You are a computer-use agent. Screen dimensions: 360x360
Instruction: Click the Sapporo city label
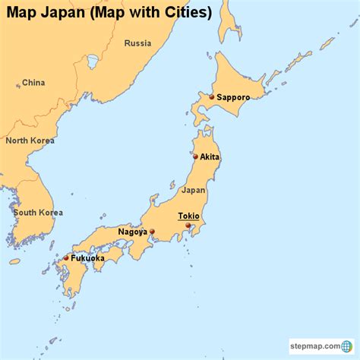pyautogui.click(x=234, y=97)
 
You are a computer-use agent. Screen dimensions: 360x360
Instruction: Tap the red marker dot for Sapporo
pyautogui.click(x=212, y=97)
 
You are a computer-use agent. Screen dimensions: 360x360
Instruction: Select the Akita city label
pyautogui.click(x=210, y=157)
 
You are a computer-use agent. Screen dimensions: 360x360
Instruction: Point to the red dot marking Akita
pyautogui.click(x=195, y=157)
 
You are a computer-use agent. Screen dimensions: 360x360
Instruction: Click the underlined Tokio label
pyautogui.click(x=188, y=216)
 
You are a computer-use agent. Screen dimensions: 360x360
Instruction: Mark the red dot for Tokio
pyautogui.click(x=188, y=226)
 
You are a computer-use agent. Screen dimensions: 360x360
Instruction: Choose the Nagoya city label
pyautogui.click(x=133, y=232)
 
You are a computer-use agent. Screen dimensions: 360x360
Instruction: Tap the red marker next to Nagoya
pyautogui.click(x=153, y=232)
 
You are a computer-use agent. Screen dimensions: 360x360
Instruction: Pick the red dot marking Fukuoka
pyautogui.click(x=66, y=258)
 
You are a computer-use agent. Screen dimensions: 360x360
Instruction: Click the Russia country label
pyautogui.click(x=137, y=43)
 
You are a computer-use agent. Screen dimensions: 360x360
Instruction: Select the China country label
pyautogui.click(x=33, y=83)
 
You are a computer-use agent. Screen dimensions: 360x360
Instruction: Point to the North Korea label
pyautogui.click(x=30, y=141)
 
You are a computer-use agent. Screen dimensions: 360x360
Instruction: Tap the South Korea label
pyautogui.click(x=38, y=213)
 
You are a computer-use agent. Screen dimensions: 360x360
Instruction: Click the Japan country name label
pyautogui.click(x=194, y=190)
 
